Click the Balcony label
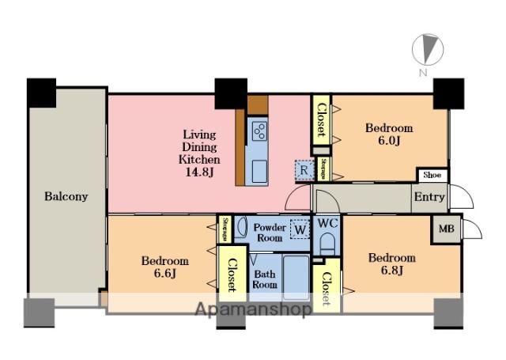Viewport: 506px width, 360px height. click(66, 197)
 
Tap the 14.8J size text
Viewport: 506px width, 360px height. click(199, 172)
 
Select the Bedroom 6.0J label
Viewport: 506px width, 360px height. click(389, 135)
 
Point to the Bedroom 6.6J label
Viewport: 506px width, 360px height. click(165, 267)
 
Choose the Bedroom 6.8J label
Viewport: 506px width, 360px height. click(392, 263)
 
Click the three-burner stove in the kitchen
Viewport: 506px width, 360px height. click(259, 131)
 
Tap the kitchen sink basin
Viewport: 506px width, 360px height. click(259, 171)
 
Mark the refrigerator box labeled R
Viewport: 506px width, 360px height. click(304, 170)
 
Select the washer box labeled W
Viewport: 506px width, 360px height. click(300, 229)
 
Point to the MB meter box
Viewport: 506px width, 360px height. click(446, 229)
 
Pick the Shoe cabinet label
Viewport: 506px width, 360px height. click(432, 175)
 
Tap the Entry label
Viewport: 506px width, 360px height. click(429, 197)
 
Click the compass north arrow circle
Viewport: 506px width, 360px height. click(428, 50)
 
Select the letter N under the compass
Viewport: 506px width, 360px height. click(423, 73)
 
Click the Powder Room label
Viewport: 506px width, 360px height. click(270, 233)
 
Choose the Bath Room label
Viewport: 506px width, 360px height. click(265, 279)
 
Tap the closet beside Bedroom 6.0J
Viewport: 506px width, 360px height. click(322, 120)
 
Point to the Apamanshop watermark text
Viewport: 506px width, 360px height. click(253, 309)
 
